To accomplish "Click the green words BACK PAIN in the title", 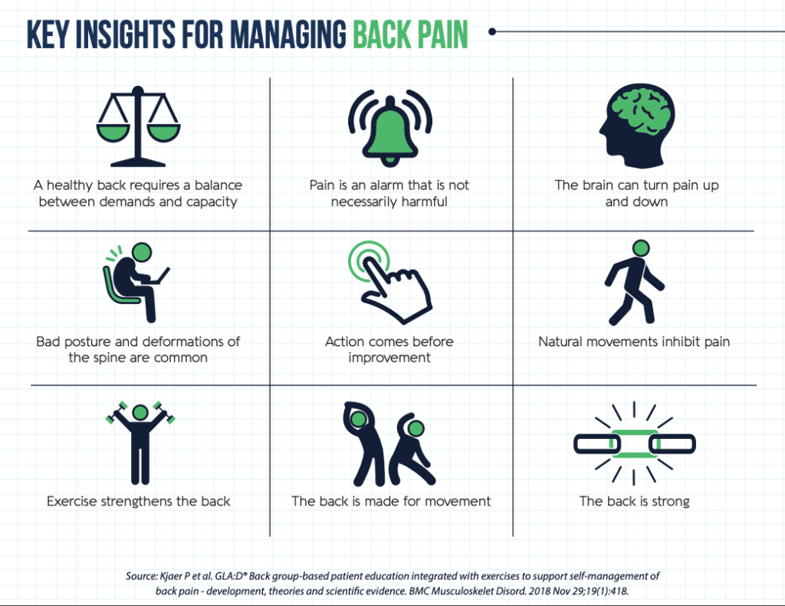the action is [x=410, y=34].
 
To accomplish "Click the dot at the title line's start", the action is [x=492, y=31].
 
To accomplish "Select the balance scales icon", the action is [x=138, y=126].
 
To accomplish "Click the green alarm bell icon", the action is [x=390, y=128].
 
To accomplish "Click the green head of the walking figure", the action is [x=641, y=248].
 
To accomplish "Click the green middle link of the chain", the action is [x=634, y=444].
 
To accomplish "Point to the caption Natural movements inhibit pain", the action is [x=634, y=342].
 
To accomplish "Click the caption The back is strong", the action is [x=634, y=501].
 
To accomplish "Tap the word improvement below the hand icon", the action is [x=389, y=358].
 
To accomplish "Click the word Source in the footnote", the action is [x=142, y=576].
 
